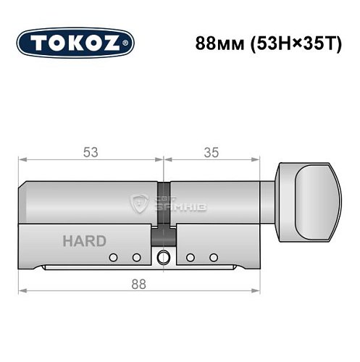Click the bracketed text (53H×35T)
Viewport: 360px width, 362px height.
[293, 42]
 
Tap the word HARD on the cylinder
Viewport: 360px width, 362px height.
[84, 241]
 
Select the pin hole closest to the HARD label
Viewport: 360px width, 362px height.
[114, 257]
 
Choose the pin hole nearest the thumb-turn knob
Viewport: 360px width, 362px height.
[213, 257]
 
